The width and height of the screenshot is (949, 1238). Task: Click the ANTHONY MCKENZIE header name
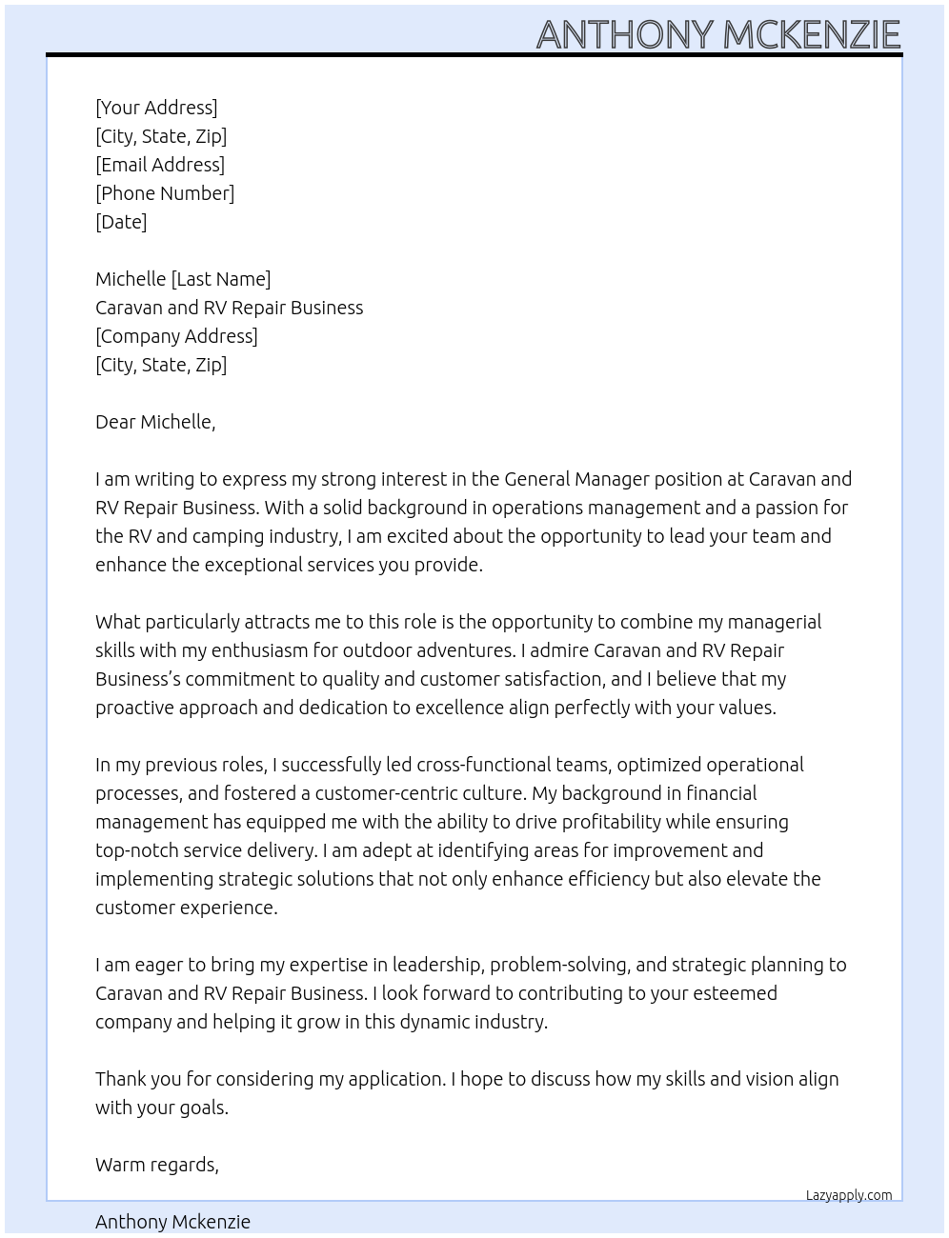click(717, 34)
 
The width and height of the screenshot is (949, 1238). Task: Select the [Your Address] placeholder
click(156, 108)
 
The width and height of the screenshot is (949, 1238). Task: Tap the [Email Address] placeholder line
click(160, 165)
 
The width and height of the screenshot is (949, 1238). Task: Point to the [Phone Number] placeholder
click(165, 193)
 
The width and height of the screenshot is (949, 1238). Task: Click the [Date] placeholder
click(121, 222)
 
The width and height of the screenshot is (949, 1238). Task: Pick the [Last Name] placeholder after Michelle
click(220, 279)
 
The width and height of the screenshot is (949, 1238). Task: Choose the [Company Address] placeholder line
click(176, 336)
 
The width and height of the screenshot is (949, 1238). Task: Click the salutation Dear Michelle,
click(155, 422)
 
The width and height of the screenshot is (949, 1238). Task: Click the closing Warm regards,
click(157, 1165)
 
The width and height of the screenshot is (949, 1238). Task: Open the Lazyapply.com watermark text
click(848, 1195)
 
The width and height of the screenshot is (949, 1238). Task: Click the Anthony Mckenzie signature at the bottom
click(172, 1222)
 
